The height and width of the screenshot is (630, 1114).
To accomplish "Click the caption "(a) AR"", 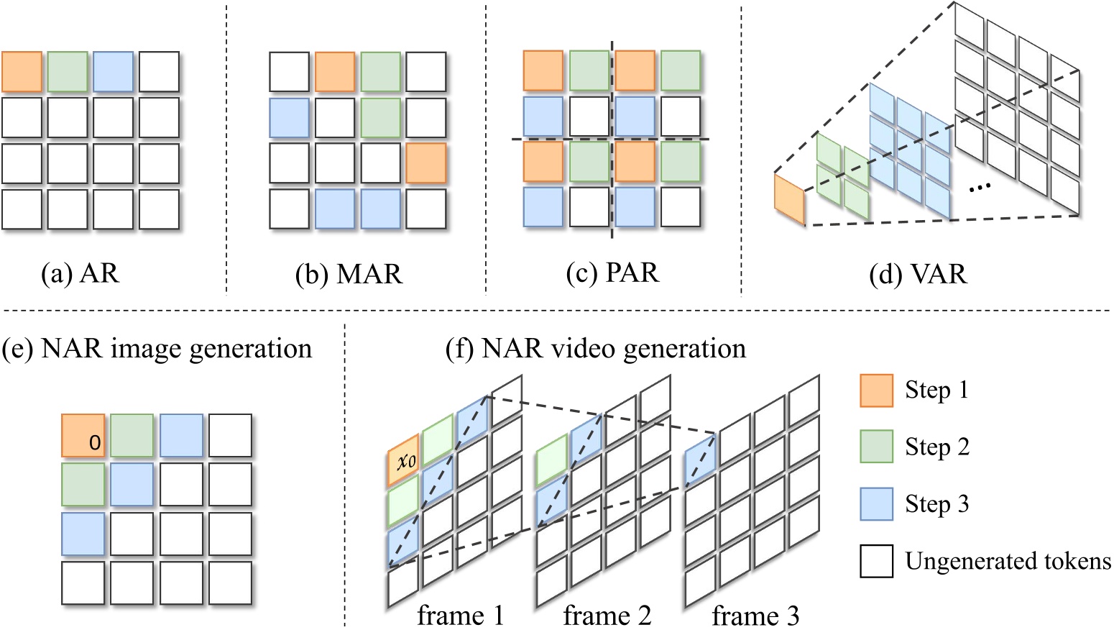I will tap(80, 274).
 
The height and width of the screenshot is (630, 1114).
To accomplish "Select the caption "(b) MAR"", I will tap(349, 275).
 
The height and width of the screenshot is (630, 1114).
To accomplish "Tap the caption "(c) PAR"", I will tap(612, 273).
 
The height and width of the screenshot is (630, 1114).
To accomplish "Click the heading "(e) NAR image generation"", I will tap(157, 349).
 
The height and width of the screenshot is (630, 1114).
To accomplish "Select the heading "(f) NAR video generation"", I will tap(596, 349).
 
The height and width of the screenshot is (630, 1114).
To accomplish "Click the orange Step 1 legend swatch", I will tap(876, 391).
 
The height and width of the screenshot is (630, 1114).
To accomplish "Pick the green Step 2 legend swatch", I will tap(876, 447).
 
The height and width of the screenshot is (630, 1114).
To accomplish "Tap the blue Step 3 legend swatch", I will tap(876, 503).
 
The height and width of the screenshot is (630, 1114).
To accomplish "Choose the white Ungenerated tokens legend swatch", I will tap(876, 561).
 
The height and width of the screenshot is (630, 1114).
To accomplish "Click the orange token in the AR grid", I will tap(22, 72).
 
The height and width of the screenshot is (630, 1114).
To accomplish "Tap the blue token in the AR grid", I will tap(113, 72).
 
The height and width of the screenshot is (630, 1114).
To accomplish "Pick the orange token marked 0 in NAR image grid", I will tap(83, 436).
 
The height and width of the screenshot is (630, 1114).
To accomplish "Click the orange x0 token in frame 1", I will tap(403, 460).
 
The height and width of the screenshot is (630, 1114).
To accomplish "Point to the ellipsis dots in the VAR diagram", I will tap(980, 187).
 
